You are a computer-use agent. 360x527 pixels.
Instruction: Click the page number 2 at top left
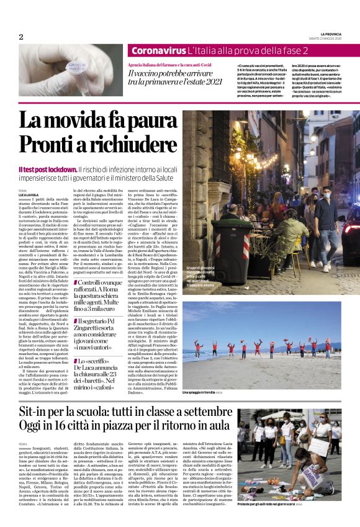(20, 37)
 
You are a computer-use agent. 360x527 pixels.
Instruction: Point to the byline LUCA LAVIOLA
(29, 194)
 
